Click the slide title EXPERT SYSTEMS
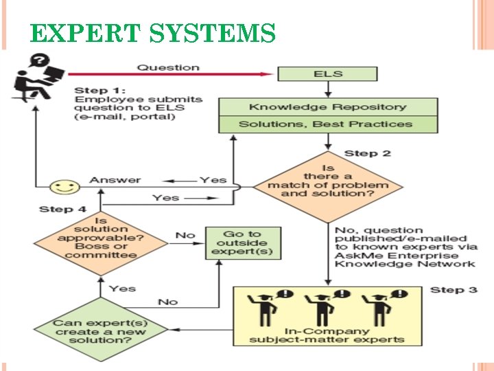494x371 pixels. [153, 33]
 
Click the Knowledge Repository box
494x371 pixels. [328, 106]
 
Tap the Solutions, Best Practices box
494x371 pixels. [328, 124]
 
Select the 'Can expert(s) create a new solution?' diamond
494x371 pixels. [101, 330]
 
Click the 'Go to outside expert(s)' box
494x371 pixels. [243, 243]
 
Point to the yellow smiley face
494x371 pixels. [65, 186]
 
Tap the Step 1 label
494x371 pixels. [100, 90]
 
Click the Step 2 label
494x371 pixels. [367, 153]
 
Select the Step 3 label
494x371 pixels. [454, 289]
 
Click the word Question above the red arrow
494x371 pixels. [168, 67]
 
